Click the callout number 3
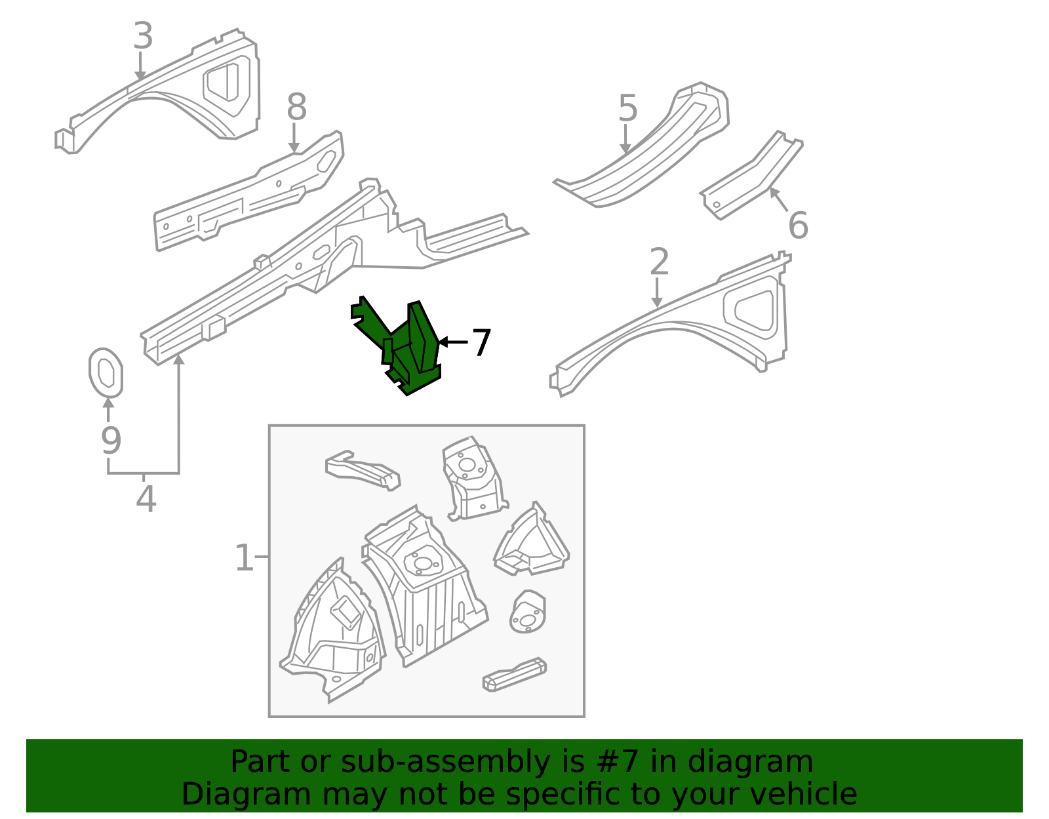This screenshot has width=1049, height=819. click(x=143, y=36)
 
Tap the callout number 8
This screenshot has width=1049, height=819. click(x=296, y=107)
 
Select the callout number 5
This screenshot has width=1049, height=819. click(x=627, y=108)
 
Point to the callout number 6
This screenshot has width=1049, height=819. click(x=798, y=226)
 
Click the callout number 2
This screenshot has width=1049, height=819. click(x=659, y=262)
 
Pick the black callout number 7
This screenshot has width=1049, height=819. click(x=482, y=343)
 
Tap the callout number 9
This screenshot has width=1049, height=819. click(x=111, y=441)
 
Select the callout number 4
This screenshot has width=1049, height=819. click(x=146, y=500)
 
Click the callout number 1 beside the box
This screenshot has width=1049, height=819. click(x=244, y=558)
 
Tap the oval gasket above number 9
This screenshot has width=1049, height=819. click(x=106, y=372)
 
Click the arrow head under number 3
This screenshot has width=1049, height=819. click(x=140, y=76)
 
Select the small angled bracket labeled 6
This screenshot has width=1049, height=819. click(x=751, y=177)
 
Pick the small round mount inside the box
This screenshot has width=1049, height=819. click(x=528, y=612)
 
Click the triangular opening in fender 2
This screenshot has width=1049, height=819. click(x=754, y=305)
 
